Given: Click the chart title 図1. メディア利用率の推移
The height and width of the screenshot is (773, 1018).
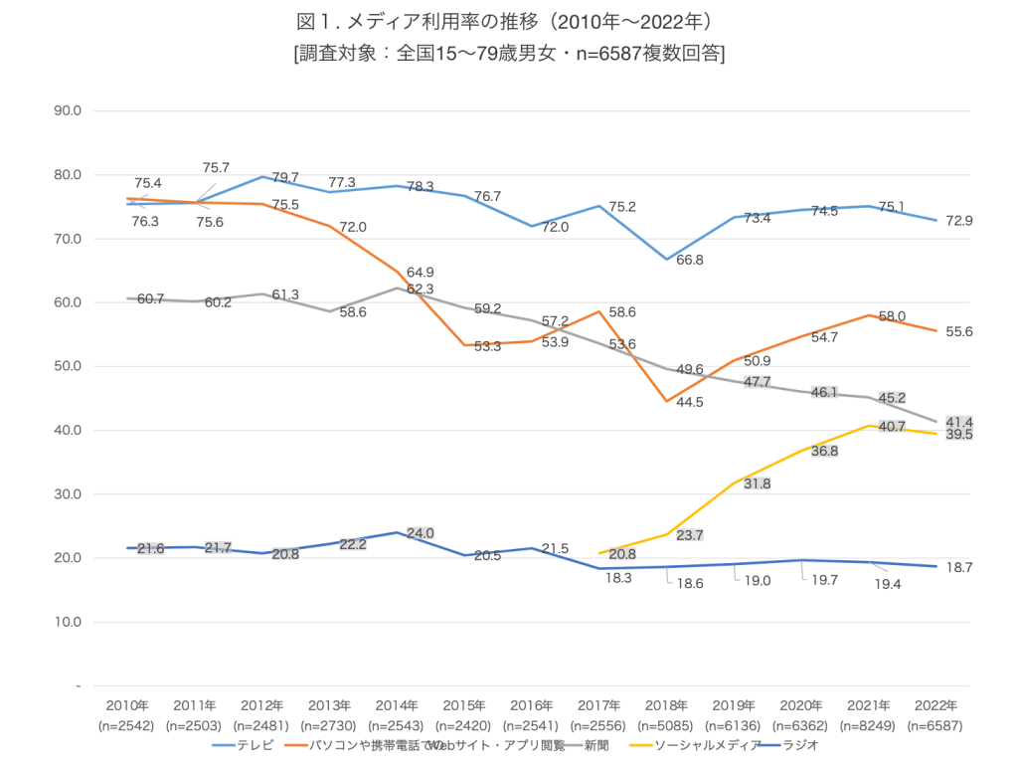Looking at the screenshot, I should tap(508, 21).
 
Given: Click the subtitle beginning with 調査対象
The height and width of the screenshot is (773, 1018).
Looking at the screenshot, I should tap(508, 53).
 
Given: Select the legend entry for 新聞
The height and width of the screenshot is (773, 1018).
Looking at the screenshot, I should tap(595, 744).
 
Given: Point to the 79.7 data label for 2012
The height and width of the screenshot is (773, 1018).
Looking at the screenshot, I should tap(285, 178).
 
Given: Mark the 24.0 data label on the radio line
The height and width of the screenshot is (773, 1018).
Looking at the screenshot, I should tap(421, 533).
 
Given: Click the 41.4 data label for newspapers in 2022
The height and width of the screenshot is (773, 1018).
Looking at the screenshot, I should tap(957, 423).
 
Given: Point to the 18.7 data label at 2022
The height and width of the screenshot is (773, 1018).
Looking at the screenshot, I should tap(957, 566).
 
